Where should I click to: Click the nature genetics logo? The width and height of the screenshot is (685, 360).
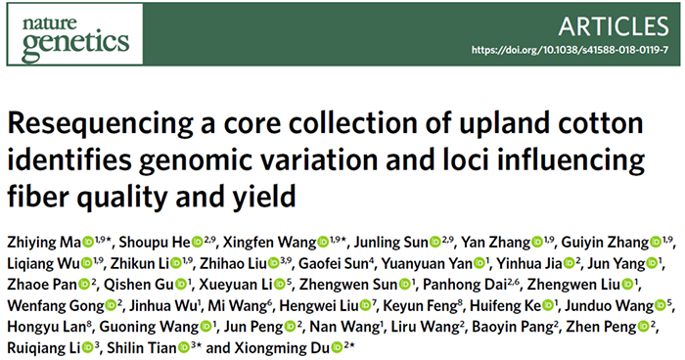pos(75,34)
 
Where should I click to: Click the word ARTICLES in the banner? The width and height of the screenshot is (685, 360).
pos(614,26)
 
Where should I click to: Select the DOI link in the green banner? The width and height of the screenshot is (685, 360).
pos(570,50)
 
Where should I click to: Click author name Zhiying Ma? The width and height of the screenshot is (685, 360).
pos(44,243)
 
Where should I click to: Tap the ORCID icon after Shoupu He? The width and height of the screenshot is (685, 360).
pos(197,242)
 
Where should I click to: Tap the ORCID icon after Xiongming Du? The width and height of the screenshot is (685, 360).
pos(337,347)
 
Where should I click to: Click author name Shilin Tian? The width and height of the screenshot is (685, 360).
pos(142,347)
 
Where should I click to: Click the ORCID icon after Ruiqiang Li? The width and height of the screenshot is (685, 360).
pos(87,347)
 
